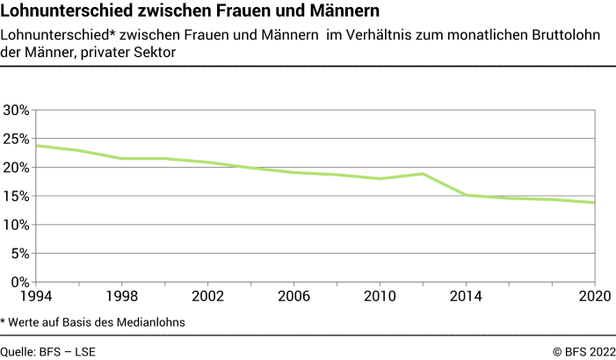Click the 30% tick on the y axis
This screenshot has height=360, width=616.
click(17, 111)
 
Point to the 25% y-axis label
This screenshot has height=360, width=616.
click(17, 139)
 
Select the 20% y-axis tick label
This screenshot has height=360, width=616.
click(17, 168)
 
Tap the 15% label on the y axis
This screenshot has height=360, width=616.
click(17, 197)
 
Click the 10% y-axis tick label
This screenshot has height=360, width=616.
click(17, 225)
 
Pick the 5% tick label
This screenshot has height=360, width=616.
click(20, 254)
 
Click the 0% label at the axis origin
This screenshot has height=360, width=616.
click(20, 282)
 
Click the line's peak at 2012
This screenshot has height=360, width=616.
click(424, 174)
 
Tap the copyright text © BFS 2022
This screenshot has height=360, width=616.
click(583, 351)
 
